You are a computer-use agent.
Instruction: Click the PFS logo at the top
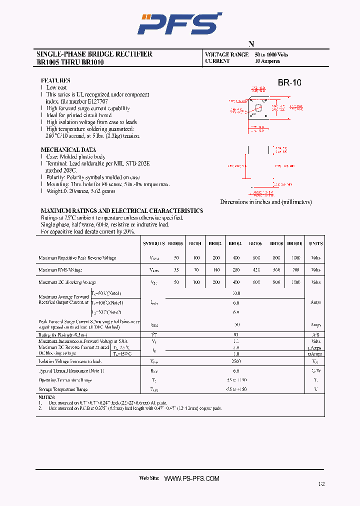pos(179,23)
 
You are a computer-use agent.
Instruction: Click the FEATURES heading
pos(55,80)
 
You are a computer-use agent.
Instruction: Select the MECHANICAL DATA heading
pos(68,149)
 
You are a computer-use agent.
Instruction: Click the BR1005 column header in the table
pos(175,243)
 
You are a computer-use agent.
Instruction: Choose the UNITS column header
pos(315,243)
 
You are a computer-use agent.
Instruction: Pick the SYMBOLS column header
pos(154,243)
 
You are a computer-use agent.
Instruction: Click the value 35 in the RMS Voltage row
pos(175,269)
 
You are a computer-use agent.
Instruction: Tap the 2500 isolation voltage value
pos(236,361)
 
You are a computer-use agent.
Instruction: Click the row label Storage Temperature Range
pos(63,389)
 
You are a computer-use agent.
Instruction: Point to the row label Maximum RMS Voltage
pos(60,269)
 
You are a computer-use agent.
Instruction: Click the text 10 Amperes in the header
pos(267,61)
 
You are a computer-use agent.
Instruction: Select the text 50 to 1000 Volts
pos(271,54)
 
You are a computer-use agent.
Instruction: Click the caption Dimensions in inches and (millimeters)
pos(266,202)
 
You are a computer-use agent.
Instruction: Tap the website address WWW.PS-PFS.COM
pos(191,478)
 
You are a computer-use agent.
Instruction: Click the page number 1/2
pos(321,484)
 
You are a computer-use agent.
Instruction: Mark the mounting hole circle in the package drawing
pos(258,106)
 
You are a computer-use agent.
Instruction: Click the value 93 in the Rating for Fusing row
pos(236,334)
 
